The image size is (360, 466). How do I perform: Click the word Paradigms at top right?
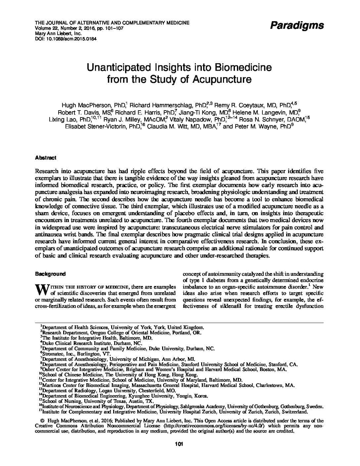(x=297, y=25)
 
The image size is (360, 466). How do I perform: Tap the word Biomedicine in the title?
(x=244, y=68)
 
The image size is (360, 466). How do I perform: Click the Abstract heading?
(x=46, y=158)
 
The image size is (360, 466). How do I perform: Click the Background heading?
(x=50, y=274)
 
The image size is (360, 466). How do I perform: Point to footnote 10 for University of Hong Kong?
(x=119, y=375)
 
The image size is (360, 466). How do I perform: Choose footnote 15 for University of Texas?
(x=98, y=401)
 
